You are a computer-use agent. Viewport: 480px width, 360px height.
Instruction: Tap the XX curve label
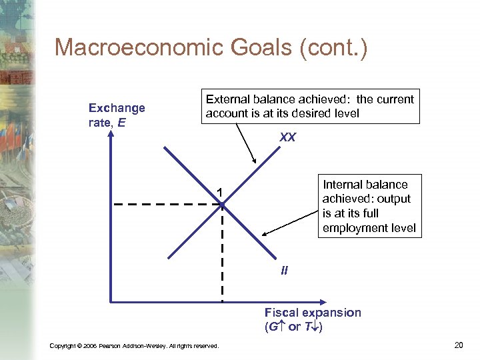coord(287,137)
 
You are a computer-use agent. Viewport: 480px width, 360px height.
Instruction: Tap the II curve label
coord(284,271)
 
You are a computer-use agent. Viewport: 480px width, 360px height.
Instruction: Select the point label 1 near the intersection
coord(218,193)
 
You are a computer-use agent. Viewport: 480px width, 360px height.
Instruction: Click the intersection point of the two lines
coord(222,203)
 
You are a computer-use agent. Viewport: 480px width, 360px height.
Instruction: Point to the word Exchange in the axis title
coord(117,108)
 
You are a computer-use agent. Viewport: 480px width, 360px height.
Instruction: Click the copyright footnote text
coord(134,345)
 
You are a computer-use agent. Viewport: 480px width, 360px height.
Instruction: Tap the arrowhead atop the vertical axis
coord(111,133)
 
